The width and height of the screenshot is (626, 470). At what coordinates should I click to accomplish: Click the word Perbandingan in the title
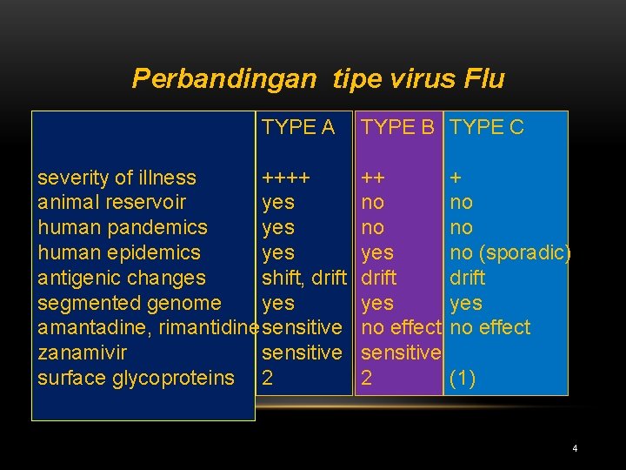pyautogui.click(x=224, y=78)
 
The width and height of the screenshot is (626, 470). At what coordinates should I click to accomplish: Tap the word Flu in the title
pyautogui.click(x=484, y=78)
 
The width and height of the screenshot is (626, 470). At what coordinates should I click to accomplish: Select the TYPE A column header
pyautogui.click(x=298, y=127)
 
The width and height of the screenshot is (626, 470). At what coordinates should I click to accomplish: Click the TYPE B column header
pyautogui.click(x=397, y=127)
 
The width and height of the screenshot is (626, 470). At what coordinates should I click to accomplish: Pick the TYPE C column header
pyautogui.click(x=487, y=127)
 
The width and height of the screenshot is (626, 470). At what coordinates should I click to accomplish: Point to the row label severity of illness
pyautogui.click(x=117, y=178)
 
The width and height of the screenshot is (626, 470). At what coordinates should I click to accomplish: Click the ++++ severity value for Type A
pyautogui.click(x=286, y=178)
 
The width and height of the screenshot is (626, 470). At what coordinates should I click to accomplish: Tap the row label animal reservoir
pyautogui.click(x=112, y=202)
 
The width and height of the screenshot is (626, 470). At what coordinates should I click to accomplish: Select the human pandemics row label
pyautogui.click(x=123, y=227)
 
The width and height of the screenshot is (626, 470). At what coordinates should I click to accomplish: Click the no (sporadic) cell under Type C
pyautogui.click(x=510, y=252)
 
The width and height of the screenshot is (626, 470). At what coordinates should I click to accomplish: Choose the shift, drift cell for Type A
pyautogui.click(x=304, y=278)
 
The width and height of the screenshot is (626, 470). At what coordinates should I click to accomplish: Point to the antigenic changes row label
pyautogui.click(x=122, y=278)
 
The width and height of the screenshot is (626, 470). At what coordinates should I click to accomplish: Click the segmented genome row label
pyautogui.click(x=130, y=303)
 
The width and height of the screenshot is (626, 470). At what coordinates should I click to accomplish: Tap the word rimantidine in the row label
pyautogui.click(x=209, y=328)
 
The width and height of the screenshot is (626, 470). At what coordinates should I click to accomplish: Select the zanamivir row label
pyautogui.click(x=83, y=352)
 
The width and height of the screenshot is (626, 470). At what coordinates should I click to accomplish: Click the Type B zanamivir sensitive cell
pyautogui.click(x=401, y=352)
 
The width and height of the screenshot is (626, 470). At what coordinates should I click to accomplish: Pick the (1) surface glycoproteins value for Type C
pyautogui.click(x=463, y=378)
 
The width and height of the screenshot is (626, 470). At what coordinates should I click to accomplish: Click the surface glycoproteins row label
pyautogui.click(x=136, y=378)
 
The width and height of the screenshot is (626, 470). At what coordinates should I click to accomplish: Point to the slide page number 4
pyautogui.click(x=575, y=448)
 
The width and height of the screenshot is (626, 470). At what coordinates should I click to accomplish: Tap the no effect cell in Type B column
pyautogui.click(x=401, y=328)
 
